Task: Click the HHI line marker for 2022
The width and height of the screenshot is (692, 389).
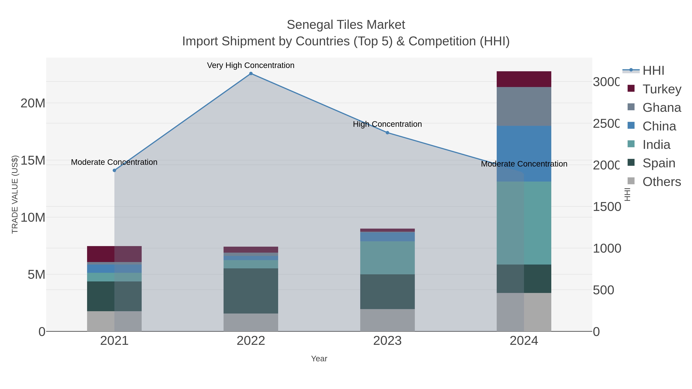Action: click(x=251, y=74)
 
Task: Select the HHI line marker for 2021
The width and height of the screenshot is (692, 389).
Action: click(x=114, y=170)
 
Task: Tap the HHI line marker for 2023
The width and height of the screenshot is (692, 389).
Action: click(x=387, y=133)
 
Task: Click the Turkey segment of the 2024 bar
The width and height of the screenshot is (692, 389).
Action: click(x=524, y=79)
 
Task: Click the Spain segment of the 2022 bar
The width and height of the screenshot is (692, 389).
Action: click(x=251, y=291)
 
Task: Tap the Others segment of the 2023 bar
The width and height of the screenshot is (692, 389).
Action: click(x=387, y=320)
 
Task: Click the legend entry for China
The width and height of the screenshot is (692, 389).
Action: click(x=659, y=126)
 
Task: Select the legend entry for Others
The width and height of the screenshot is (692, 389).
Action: click(x=661, y=182)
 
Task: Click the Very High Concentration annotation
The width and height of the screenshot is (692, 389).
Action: click(x=251, y=65)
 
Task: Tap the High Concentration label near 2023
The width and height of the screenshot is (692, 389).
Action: click(x=387, y=124)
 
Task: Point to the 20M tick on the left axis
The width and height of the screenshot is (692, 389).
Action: click(x=33, y=103)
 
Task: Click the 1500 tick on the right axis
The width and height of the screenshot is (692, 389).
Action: click(x=607, y=207)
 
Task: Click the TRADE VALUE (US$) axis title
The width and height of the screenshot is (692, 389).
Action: click(x=15, y=194)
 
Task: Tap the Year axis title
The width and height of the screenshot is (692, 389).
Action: click(x=319, y=359)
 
